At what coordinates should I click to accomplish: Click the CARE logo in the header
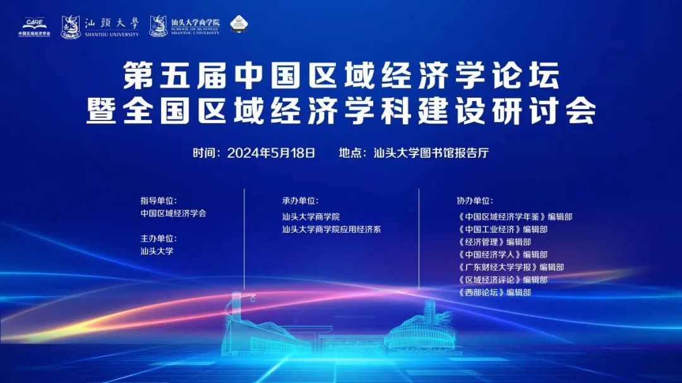34,26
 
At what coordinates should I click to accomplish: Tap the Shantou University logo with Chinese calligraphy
100,26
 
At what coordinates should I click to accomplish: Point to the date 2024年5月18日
271,153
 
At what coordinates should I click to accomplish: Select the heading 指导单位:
159,201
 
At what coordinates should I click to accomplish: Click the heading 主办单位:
159,239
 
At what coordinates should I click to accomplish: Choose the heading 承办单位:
300,201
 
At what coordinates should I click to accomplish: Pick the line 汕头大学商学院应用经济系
332,230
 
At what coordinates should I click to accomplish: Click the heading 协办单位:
474,201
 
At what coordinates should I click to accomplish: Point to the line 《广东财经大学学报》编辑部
510,267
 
